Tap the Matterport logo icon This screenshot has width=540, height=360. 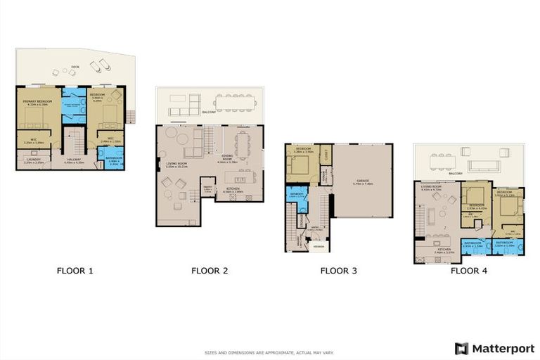[461, 348]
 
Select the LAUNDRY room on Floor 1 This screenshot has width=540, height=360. [33, 160]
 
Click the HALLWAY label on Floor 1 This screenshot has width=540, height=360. [72, 160]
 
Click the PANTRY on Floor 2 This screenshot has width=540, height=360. [207, 189]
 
